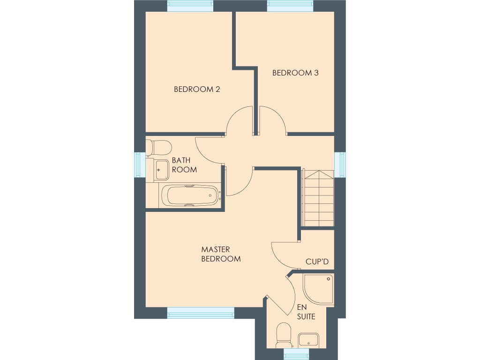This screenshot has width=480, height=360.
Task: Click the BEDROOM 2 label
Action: tap(197, 89)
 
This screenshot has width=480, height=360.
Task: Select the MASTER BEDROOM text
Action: tap(221, 254)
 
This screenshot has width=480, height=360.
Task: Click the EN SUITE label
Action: tap(306, 312)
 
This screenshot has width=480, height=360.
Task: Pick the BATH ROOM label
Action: tap(184, 165)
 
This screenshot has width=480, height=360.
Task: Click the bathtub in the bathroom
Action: tap(190, 195)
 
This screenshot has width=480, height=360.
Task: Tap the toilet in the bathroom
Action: tap(158, 148)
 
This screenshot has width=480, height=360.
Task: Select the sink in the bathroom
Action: tap(161, 169)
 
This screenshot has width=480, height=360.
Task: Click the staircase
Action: tap(319, 198)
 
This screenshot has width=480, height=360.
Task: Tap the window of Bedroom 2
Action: tap(190, 6)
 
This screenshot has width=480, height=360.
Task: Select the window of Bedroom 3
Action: tap(290, 6)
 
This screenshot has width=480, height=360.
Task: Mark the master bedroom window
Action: tap(201, 313)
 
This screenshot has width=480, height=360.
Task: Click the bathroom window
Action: tap(140, 165)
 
